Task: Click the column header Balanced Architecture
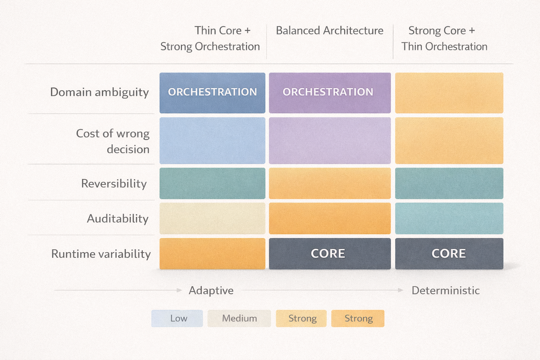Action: point(329,31)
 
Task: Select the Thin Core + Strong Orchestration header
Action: point(210,39)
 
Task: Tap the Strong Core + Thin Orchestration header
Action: point(444,39)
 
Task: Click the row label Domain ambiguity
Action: point(99,92)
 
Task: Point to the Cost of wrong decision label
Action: point(113,141)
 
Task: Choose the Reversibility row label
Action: point(114,184)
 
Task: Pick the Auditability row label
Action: point(118,219)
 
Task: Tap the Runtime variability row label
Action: point(101,254)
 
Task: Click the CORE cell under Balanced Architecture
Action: point(330,254)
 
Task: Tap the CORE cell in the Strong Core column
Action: point(449,254)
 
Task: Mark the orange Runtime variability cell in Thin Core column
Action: point(212,254)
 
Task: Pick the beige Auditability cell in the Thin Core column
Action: point(212,218)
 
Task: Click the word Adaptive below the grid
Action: point(211,290)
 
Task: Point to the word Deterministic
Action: point(445,290)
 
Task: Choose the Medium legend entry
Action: point(239,319)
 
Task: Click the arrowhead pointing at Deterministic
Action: point(400,290)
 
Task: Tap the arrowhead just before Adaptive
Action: point(179,290)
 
